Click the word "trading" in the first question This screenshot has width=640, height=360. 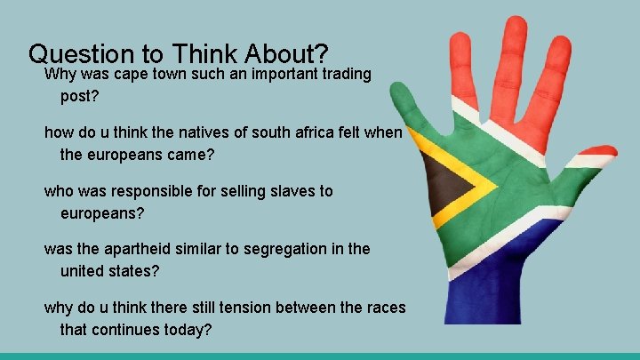click(x=342, y=74)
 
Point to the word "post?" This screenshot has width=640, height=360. click(x=79, y=95)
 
